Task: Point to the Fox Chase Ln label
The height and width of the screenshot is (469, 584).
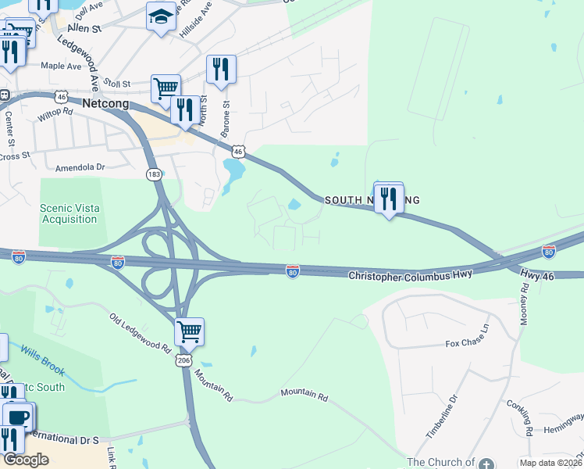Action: (467, 342)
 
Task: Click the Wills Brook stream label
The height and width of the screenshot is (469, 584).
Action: (42, 361)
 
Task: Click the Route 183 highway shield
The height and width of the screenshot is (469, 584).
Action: (154, 174)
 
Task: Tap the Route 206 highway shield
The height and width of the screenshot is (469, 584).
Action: (183, 360)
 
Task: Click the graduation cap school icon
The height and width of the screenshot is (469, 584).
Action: (161, 17)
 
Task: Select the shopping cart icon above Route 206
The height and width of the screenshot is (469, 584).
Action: (189, 332)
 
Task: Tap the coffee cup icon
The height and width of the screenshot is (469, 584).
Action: (17, 417)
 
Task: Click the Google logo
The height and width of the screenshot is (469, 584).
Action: (25, 459)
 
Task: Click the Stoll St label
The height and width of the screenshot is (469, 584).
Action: (116, 82)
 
